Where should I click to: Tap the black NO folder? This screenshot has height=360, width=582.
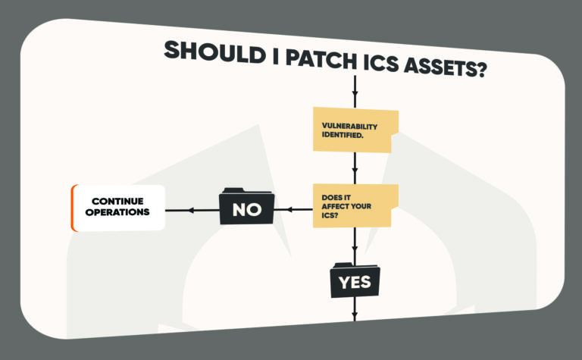point(246,208)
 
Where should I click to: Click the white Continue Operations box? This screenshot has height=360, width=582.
point(118,207)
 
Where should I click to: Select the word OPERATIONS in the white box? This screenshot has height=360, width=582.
point(117,213)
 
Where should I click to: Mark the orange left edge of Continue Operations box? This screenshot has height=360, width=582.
point(73,207)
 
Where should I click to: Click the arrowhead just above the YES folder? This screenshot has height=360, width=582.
point(355,252)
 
